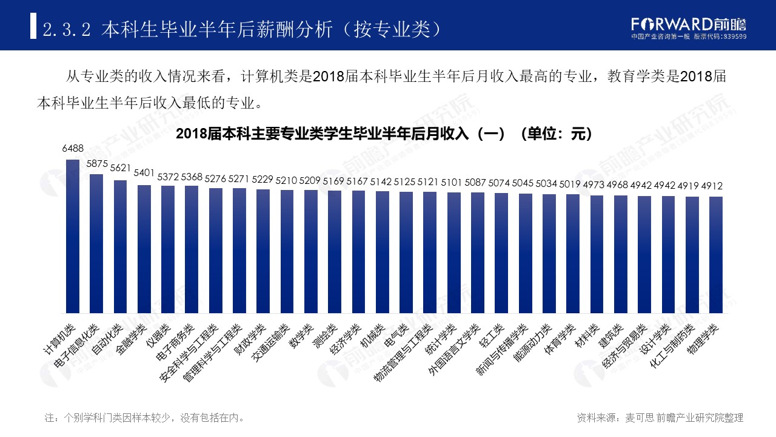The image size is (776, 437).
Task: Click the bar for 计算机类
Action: tap(73, 237)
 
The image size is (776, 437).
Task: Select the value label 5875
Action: tap(97, 164)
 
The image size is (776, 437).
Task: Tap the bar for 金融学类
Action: tap(144, 249)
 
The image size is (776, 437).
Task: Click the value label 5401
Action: tap(144, 173)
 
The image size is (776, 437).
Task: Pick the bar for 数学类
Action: tap(311, 252)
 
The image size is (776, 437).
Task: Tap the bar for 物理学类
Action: tap(716, 255)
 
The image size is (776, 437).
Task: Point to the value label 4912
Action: tap(712, 186)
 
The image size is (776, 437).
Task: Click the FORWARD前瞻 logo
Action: tap(689, 25)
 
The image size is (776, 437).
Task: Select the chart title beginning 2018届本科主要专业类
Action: tap(383, 134)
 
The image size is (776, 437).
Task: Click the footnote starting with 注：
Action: tap(145, 418)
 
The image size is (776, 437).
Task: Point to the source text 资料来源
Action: tap(660, 418)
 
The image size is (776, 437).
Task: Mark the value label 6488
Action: tap(73, 148)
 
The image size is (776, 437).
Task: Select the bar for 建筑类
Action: tap(620, 255)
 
